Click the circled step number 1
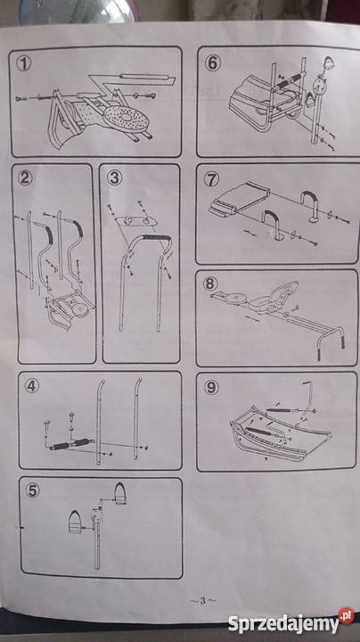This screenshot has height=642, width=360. tap(25, 64)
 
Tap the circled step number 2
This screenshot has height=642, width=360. tap(25, 178)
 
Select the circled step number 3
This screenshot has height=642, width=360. tap(115, 178)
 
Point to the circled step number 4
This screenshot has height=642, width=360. tap(31, 386)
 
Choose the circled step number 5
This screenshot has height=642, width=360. tap(32, 490)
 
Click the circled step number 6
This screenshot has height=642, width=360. tap(213, 63)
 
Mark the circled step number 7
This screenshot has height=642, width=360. tap(211, 180)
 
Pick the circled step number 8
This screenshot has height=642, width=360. tap(210, 284)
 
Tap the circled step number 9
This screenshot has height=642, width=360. tap(211, 387)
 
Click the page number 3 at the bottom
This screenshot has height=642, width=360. tap(202, 601)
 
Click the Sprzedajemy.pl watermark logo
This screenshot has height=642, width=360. tap(290, 622)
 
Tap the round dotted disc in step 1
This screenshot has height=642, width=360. tap(126, 118)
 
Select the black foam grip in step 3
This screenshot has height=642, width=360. tap(154, 238)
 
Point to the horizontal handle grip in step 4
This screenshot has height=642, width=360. tap(70, 444)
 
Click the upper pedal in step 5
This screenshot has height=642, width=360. tap(120, 491)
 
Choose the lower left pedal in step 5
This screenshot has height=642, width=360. tap(76, 522)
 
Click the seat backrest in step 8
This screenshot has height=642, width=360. tap(285, 290)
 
